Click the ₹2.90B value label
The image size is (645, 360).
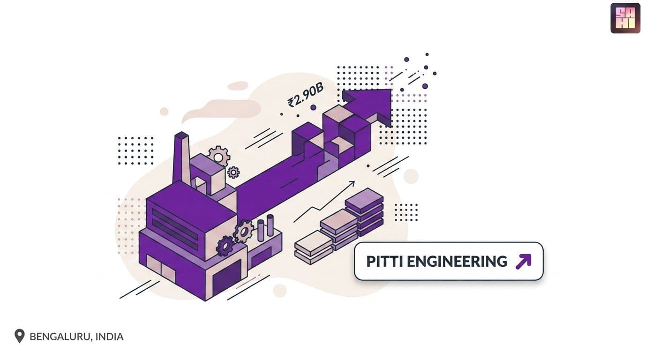306,95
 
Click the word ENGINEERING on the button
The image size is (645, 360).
457,261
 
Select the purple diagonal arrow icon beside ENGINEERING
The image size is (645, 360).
523,261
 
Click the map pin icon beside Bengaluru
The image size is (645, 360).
20,336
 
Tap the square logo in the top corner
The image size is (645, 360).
625,18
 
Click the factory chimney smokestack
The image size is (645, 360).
181,158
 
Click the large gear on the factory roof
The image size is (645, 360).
219,157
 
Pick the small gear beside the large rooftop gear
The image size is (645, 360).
233,172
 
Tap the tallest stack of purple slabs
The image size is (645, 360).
364,212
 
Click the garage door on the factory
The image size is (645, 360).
226,278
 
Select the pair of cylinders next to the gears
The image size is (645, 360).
265,227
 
